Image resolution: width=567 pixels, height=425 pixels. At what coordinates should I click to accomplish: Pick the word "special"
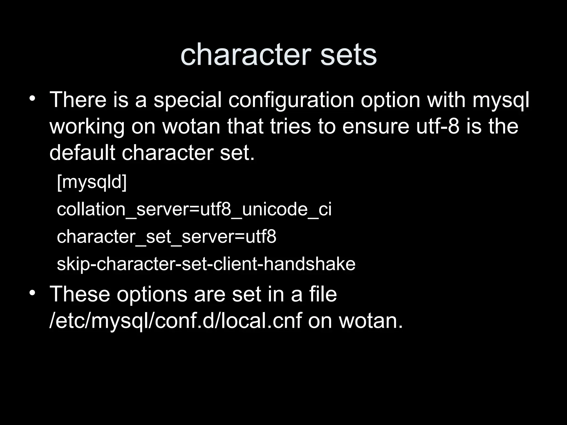187,100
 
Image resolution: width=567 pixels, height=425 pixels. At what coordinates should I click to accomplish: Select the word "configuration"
291,100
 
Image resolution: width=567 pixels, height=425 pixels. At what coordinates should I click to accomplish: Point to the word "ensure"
376,127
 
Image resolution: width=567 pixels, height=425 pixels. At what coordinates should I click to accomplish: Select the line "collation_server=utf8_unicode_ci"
194,209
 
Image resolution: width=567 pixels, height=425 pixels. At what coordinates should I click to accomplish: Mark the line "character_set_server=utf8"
166,237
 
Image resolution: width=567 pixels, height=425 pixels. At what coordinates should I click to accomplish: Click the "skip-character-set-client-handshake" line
206,264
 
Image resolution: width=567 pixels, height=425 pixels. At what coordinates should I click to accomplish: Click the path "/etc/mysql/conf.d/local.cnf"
176,321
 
